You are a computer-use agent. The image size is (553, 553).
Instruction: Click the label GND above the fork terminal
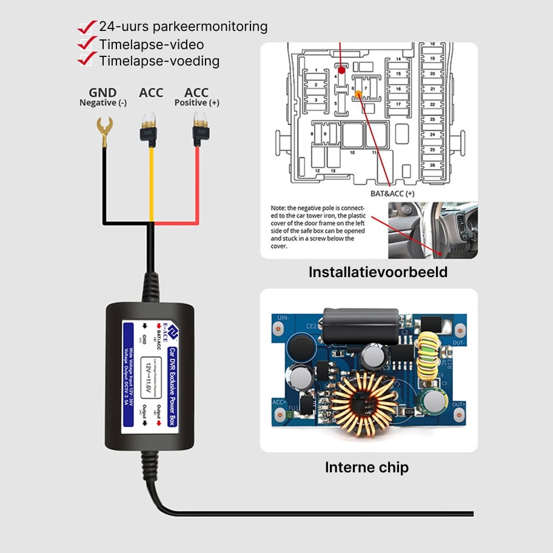(102, 92)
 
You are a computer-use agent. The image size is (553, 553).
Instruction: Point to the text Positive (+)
(196, 103)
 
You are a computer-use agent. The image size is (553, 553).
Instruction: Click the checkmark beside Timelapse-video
(88, 44)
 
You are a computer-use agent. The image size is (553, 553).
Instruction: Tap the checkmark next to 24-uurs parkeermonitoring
(88, 27)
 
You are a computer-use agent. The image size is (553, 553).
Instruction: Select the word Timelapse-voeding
(159, 61)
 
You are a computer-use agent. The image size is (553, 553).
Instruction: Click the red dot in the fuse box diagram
(341, 70)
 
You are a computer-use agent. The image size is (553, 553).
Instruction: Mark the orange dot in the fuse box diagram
(358, 94)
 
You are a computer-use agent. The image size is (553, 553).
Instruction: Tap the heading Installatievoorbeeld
(378, 272)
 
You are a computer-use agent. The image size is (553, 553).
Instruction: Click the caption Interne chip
(367, 468)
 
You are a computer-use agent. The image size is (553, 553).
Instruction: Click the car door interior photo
(432, 230)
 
